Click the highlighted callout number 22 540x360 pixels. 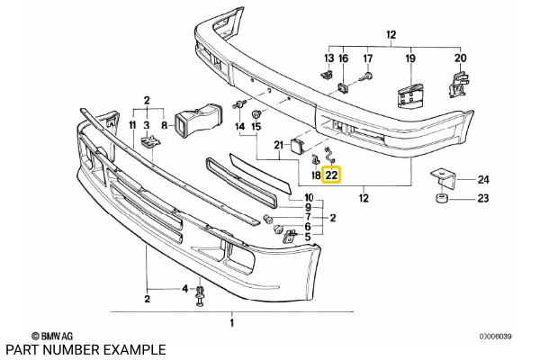tap(331, 175)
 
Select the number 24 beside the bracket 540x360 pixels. tap(483, 178)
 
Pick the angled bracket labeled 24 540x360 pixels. tap(441, 177)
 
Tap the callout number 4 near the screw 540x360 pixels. tap(184, 289)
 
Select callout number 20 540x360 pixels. tap(460, 59)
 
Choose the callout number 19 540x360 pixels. tap(409, 59)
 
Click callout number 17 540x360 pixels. tap(367, 59)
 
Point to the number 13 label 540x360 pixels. tap(328, 59)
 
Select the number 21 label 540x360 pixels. tap(279, 145)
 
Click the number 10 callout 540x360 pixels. tap(309, 197)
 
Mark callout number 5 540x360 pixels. tap(309, 238)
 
